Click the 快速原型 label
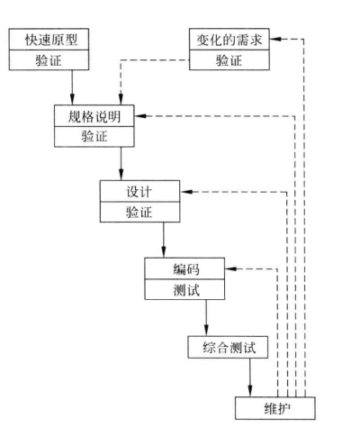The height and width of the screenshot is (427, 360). (x=51, y=40)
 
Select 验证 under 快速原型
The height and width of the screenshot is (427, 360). (x=49, y=60)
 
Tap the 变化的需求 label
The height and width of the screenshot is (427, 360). (x=229, y=40)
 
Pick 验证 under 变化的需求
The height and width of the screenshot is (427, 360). (x=229, y=60)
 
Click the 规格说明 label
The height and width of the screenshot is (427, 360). (x=94, y=116)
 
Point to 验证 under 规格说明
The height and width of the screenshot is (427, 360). (x=94, y=137)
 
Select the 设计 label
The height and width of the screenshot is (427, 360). (x=139, y=192)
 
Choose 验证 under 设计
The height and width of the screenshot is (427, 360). (x=139, y=213)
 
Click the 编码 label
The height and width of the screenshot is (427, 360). (x=186, y=269)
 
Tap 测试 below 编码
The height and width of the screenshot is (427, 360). (x=186, y=290)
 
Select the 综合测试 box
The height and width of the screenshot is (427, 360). (x=228, y=347)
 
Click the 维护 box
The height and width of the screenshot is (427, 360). (x=275, y=408)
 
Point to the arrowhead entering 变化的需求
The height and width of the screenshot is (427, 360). (x=274, y=39)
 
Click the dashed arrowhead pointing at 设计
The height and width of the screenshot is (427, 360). (x=185, y=192)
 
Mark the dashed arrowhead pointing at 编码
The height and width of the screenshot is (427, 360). (x=230, y=268)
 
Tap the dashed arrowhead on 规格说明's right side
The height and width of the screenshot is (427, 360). (x=140, y=116)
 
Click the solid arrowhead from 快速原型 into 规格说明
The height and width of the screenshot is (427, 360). (x=72, y=99)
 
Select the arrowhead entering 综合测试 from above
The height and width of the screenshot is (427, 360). (x=206, y=331)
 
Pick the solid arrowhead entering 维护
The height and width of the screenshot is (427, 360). (x=250, y=391)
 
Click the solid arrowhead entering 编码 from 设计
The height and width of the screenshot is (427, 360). (x=164, y=252)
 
